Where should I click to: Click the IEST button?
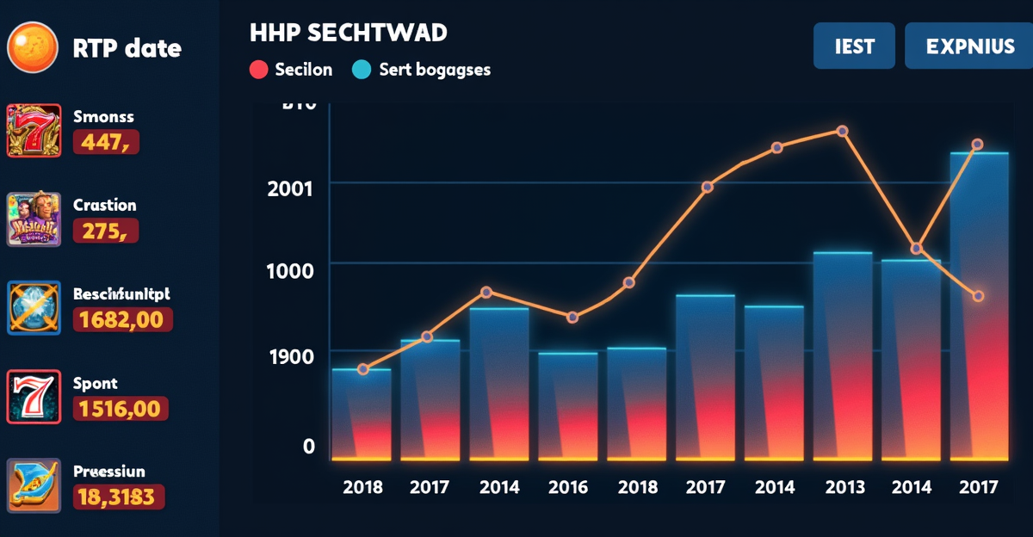[x=854, y=46]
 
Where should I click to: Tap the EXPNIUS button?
[x=970, y=46]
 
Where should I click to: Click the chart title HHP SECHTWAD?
[x=348, y=34]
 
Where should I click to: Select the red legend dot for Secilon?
[x=258, y=70]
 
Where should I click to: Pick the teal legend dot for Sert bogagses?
[x=362, y=70]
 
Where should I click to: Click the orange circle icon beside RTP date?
[x=33, y=46]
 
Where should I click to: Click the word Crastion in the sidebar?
[x=105, y=205]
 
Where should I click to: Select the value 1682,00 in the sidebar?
[x=123, y=320]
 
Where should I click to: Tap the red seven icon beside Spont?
[x=34, y=397]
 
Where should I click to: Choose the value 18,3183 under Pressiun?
[x=118, y=497]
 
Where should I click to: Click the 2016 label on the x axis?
[x=568, y=487]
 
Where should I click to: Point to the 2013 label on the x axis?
[x=844, y=487]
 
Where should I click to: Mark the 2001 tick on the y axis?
[x=291, y=188]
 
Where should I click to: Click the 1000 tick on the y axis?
[x=291, y=269]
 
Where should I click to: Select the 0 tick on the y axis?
[x=309, y=446]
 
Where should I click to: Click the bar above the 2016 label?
[x=568, y=404]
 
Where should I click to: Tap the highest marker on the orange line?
[x=843, y=132]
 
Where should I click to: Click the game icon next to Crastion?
[x=34, y=219]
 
